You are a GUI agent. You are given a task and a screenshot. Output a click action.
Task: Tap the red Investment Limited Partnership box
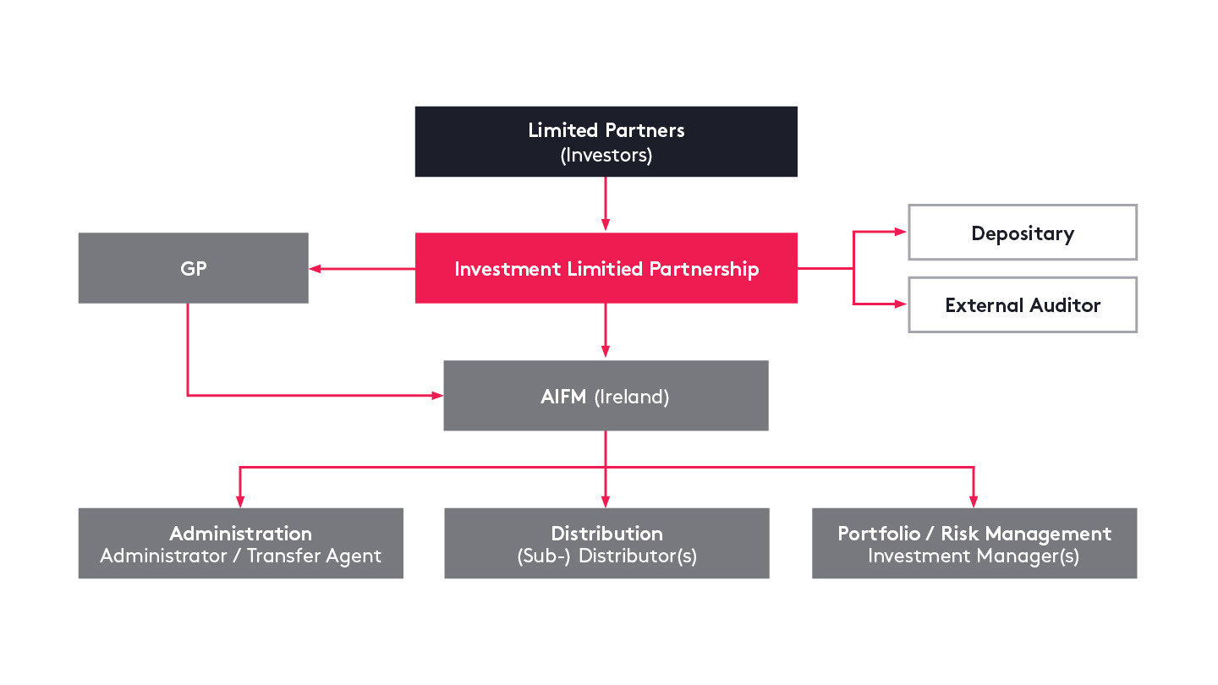(606, 269)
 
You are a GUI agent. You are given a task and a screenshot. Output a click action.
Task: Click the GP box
(193, 268)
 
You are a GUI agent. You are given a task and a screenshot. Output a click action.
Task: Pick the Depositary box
(1022, 233)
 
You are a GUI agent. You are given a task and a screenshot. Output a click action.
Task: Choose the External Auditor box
(1022, 305)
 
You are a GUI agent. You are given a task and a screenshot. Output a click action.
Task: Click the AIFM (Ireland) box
(606, 396)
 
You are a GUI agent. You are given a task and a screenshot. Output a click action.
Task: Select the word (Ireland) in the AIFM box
(632, 397)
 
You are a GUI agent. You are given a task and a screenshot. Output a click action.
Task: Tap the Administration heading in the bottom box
(240, 534)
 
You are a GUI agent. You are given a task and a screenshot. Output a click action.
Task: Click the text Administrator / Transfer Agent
(240, 556)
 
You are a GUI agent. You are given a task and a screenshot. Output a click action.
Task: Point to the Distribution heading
(606, 534)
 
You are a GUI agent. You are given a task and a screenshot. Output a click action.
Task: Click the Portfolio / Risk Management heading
(974, 534)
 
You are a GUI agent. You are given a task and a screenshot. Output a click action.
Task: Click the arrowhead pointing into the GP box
(315, 269)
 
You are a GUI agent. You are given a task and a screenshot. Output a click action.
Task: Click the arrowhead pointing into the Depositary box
(902, 233)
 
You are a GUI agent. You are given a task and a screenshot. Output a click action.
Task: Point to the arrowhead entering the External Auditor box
(902, 304)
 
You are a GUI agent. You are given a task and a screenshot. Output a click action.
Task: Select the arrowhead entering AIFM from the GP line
(437, 395)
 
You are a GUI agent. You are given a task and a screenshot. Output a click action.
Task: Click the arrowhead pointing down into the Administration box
(240, 500)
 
